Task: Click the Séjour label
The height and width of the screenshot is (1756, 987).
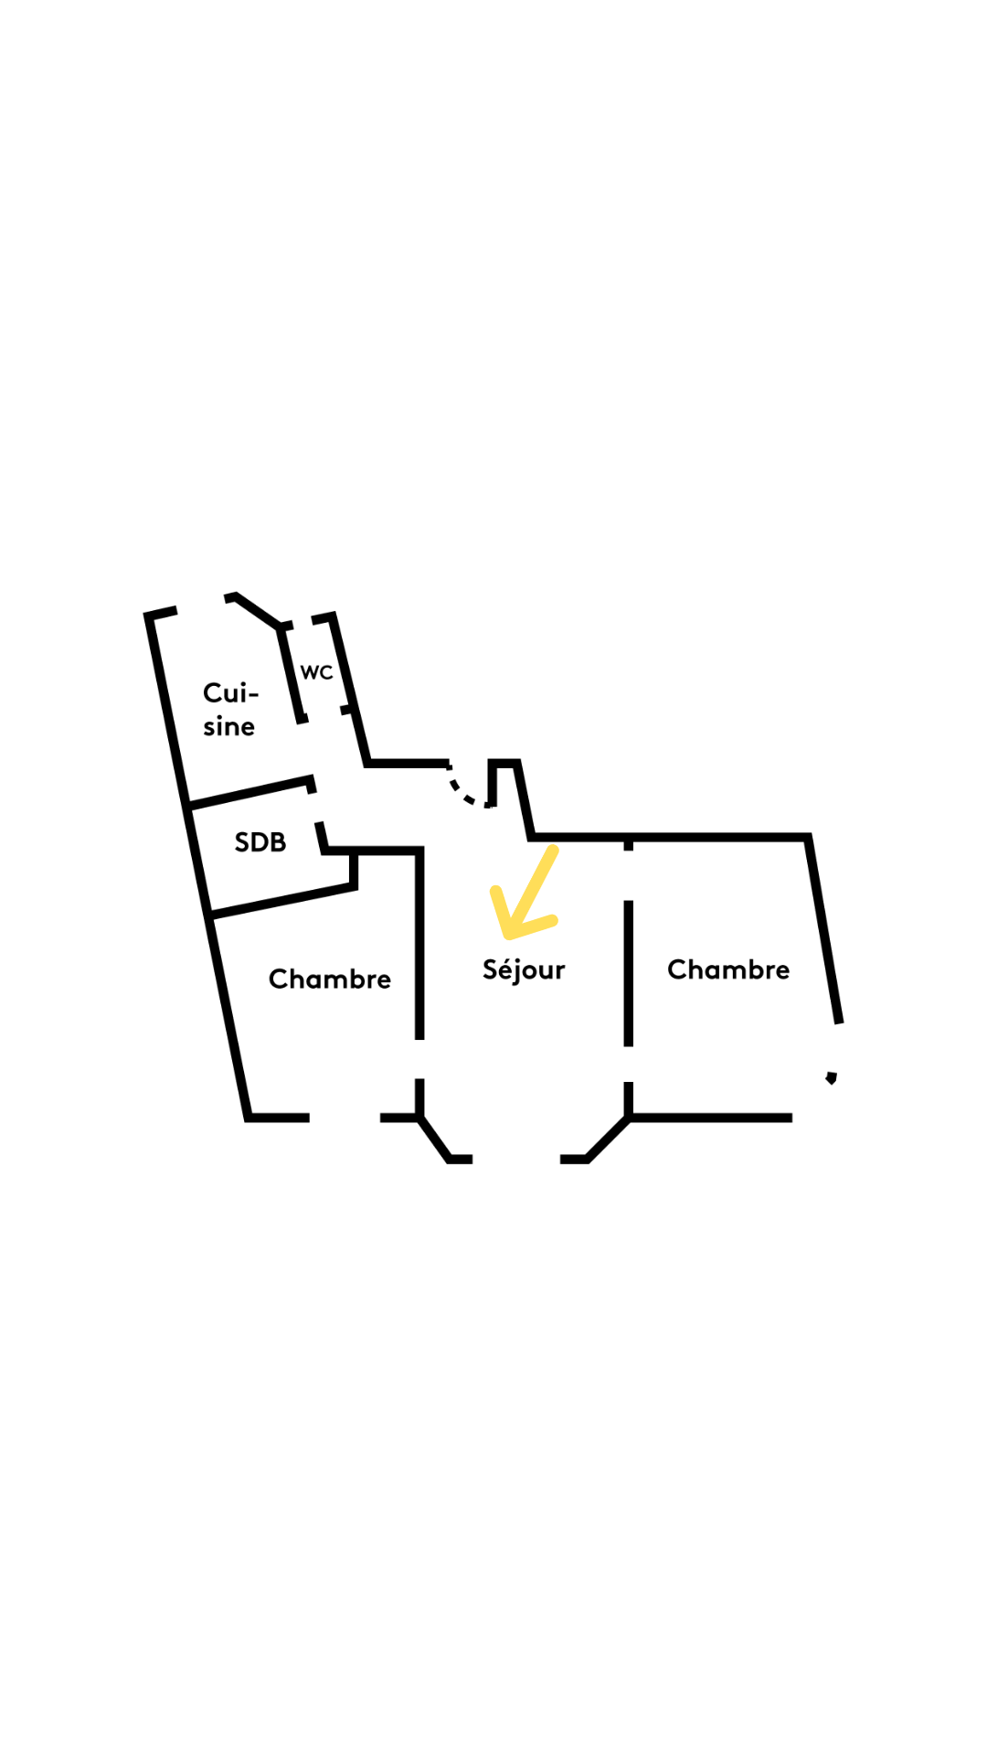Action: coord(524,970)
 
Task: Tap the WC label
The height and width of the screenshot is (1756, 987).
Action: coord(316,673)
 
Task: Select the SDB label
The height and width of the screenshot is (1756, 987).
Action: coord(260,842)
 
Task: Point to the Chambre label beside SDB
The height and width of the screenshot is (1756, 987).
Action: coord(329,980)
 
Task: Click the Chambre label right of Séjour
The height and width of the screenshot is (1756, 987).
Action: coord(728,969)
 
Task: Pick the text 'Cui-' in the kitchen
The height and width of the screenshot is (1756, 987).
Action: coord(230,693)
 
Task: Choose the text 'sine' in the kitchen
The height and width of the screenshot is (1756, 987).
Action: coord(228,727)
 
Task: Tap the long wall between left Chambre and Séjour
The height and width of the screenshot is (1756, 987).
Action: coord(419,942)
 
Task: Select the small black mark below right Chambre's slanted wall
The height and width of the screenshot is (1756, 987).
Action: coord(832,1078)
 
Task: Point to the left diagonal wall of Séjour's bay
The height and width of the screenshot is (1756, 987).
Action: coord(434,1139)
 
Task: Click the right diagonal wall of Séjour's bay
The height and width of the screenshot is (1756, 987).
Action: coord(609,1139)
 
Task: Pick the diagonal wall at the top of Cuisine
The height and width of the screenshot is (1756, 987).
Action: coord(259,611)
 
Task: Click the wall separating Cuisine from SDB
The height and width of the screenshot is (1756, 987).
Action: coord(249,792)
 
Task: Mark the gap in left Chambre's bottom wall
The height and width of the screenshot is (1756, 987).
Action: coord(345,1118)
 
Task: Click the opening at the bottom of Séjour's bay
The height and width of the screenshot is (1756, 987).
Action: coord(516,1159)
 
